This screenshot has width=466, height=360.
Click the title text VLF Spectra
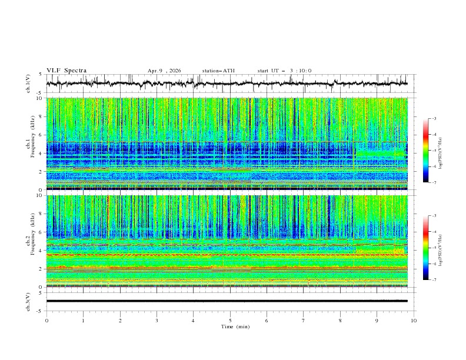(66, 71)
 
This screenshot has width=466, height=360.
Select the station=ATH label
(218, 71)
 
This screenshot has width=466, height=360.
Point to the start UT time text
(284, 71)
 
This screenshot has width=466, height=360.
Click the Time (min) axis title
(230, 326)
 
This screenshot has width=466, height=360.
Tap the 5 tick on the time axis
(230, 320)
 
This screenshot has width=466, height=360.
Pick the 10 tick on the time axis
(414, 320)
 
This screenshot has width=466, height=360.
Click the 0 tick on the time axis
(46, 320)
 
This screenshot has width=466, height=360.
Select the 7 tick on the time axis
(304, 320)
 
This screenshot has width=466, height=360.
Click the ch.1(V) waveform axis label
(29, 84)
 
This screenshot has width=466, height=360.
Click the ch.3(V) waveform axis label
(29, 301)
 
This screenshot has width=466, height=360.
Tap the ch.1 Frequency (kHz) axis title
(29, 144)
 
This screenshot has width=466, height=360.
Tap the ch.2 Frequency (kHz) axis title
(29, 241)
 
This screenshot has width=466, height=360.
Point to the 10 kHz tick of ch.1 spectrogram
(40, 98)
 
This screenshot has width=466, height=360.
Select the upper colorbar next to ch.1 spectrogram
(425, 151)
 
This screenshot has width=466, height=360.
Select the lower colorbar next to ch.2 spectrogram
(425, 248)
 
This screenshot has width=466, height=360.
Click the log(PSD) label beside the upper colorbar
(441, 151)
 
